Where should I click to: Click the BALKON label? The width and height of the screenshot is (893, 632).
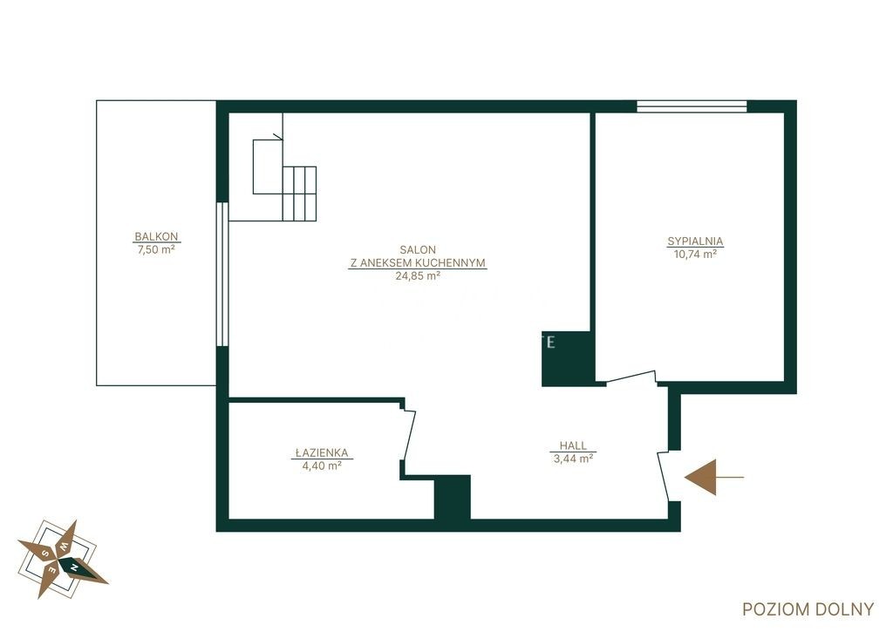(156, 236)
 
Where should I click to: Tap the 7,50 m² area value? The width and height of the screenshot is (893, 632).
(156, 249)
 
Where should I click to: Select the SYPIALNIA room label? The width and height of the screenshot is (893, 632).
(695, 241)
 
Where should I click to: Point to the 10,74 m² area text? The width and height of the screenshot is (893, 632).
(695, 255)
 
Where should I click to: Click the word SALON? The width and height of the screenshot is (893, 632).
(418, 249)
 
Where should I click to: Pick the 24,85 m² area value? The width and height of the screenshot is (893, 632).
(418, 276)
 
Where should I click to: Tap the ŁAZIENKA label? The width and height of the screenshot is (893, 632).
(322, 452)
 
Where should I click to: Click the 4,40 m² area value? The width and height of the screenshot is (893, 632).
(322, 466)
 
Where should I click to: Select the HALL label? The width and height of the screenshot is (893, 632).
(573, 445)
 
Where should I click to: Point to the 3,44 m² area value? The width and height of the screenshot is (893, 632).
(573, 459)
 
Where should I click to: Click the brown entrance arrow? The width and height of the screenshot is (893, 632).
(713, 477)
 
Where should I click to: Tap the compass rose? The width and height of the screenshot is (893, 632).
(62, 559)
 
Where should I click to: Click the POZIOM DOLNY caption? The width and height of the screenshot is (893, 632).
(808, 609)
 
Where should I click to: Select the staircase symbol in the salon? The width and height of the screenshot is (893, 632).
(284, 179)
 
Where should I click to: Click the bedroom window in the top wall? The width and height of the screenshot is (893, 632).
(692, 106)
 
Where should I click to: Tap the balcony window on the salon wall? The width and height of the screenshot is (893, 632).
(222, 274)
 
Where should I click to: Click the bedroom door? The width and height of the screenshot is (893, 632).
(631, 378)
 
